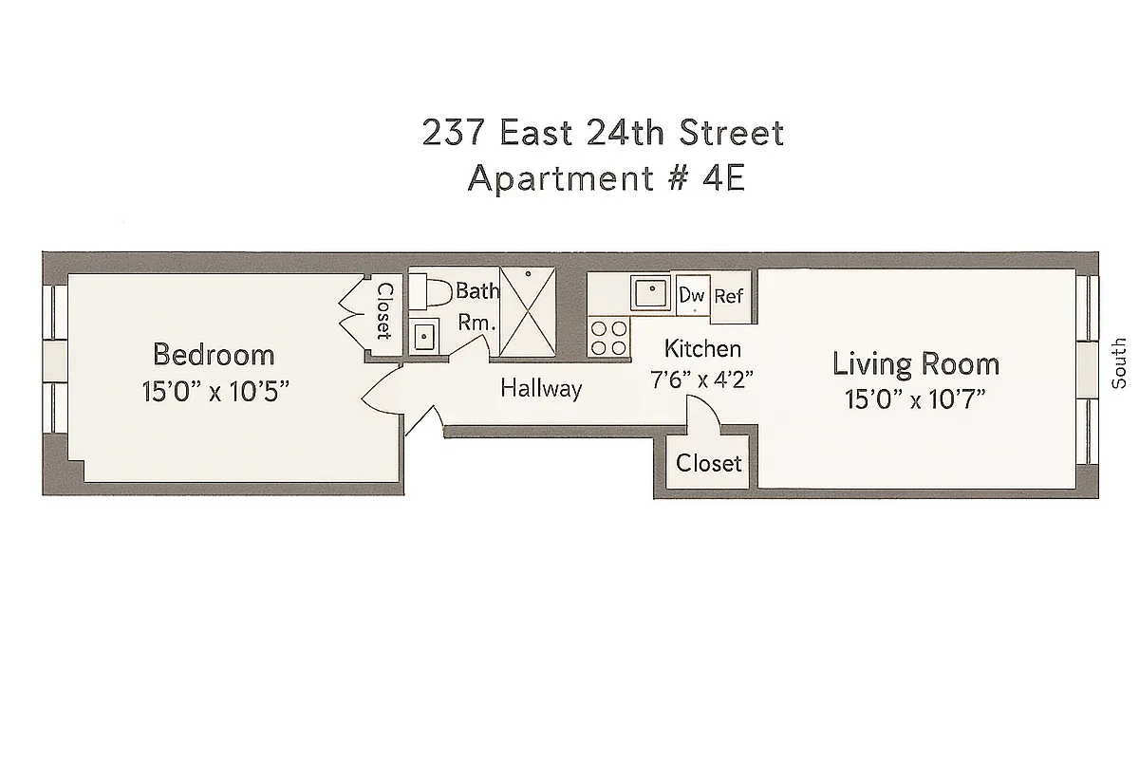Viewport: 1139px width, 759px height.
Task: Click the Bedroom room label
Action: coord(214,355)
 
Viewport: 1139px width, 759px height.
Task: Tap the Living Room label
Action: coord(915,363)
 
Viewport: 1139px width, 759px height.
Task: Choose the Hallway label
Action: coord(541,388)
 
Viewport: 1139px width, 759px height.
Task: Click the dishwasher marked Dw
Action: coord(692,295)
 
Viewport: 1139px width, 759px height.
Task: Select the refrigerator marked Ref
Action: coord(728,296)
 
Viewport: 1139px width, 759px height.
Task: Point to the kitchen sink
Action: coord(651,292)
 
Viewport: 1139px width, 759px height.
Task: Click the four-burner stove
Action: coord(609,336)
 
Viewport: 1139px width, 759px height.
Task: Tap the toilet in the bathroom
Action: coord(432,292)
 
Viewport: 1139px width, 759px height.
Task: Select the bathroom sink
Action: coord(424,336)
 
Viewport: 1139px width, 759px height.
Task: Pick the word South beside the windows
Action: coord(1120,363)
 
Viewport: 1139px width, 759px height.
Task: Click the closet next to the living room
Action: coord(708,463)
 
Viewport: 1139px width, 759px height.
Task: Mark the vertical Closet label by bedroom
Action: coord(384,311)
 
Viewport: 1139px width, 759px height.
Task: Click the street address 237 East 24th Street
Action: coord(604,133)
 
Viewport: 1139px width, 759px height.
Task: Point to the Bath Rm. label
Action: coord(476,305)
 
